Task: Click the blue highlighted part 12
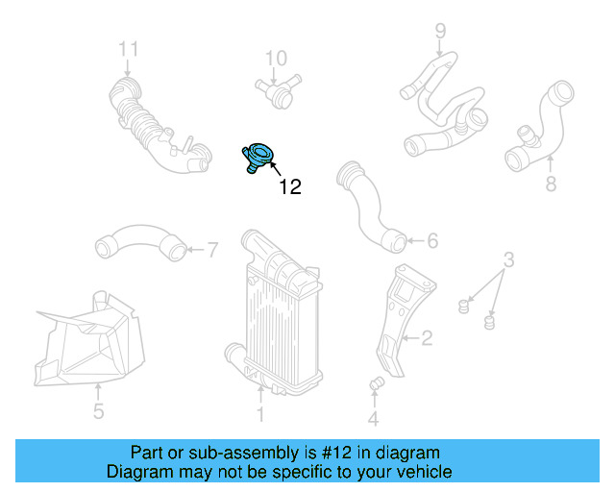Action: (x=258, y=157)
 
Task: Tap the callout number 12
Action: (x=289, y=187)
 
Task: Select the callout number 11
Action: (x=129, y=49)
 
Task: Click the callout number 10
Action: (x=276, y=59)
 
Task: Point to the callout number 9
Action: (x=440, y=30)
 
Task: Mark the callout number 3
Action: (x=509, y=258)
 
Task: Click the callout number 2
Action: (x=426, y=337)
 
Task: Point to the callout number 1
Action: (x=259, y=415)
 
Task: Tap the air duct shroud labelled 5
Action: (x=91, y=341)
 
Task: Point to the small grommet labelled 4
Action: (x=376, y=386)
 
